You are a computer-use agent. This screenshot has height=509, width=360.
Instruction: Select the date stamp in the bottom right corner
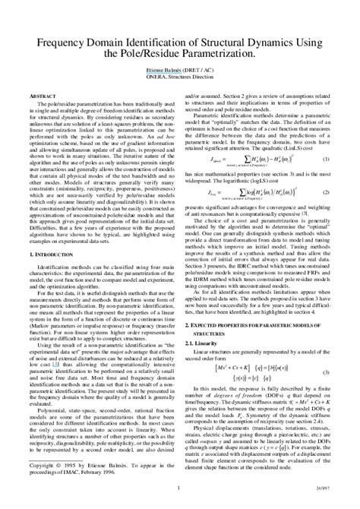pyautogui.click(x=323, y=488)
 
